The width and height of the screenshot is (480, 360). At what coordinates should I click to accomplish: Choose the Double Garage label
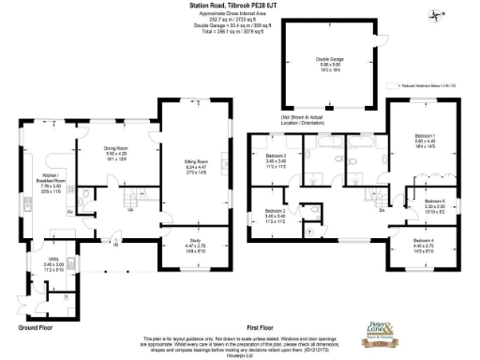coord(329,59)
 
